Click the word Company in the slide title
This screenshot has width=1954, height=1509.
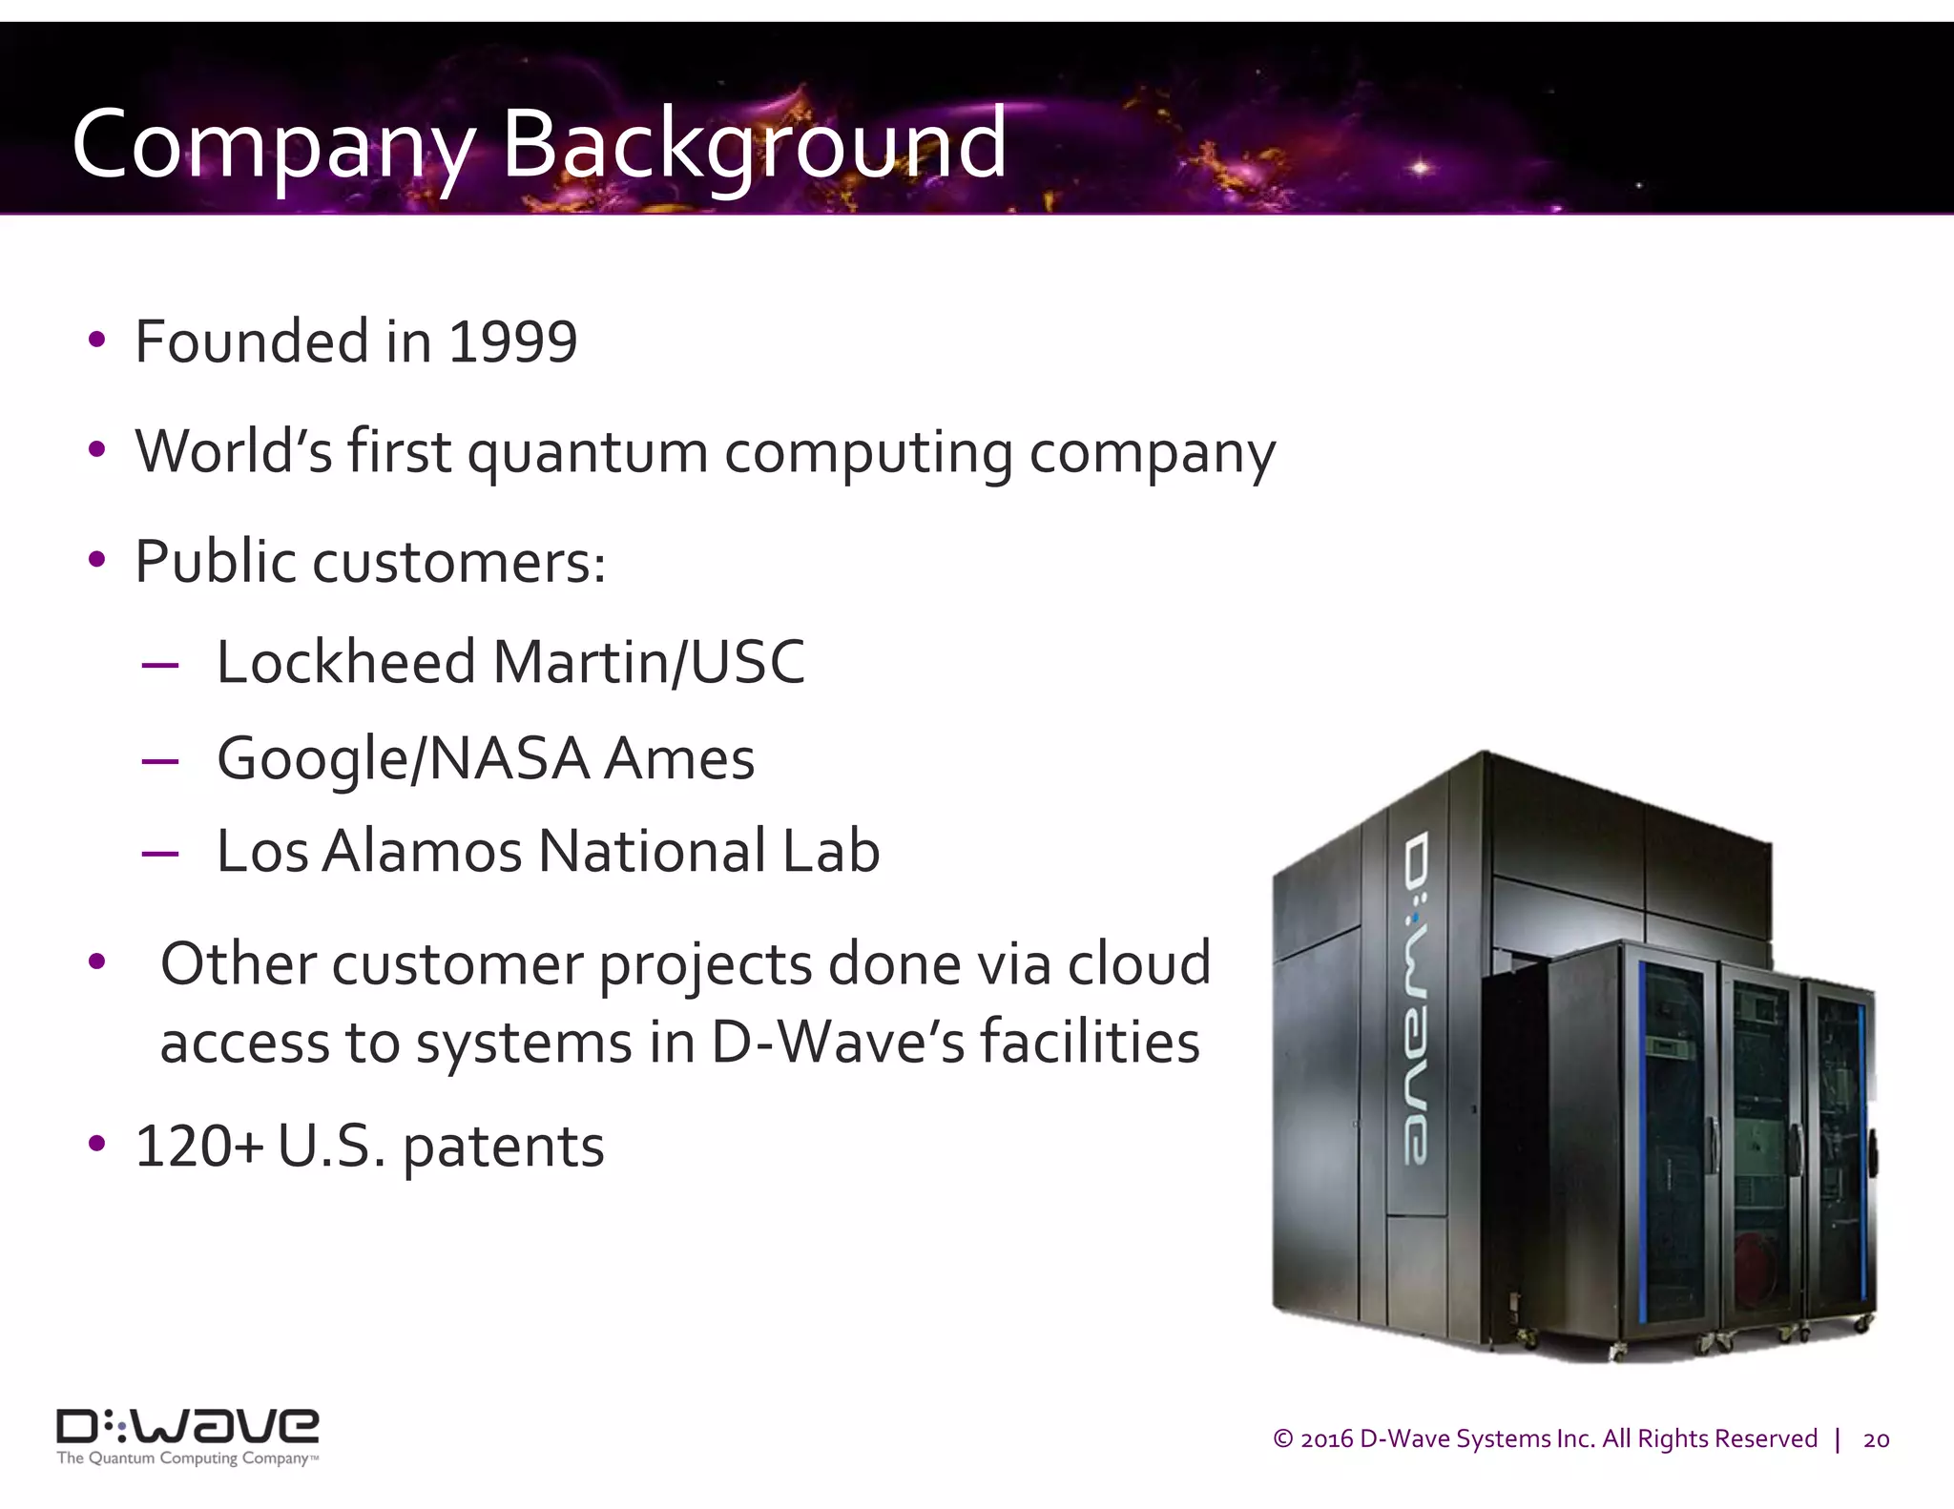click(272, 145)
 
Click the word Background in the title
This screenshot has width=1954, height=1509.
click(754, 145)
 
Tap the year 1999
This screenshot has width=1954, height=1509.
click(512, 341)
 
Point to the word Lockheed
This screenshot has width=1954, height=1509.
click(345, 662)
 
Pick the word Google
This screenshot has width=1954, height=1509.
click(312, 759)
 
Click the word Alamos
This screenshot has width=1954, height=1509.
click(423, 851)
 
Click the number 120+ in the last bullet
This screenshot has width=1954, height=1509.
click(198, 1146)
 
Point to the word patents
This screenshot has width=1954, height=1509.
click(503, 1147)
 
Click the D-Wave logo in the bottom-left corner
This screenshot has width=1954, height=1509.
click(188, 1427)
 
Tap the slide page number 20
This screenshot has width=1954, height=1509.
click(1876, 1439)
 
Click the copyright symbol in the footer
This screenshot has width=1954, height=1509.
click(1283, 1438)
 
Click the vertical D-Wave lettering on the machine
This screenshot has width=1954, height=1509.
click(1417, 997)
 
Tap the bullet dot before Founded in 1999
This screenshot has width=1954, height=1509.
click(96, 340)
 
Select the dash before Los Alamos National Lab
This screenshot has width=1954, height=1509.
click(159, 852)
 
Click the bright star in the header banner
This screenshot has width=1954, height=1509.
click(1421, 168)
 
